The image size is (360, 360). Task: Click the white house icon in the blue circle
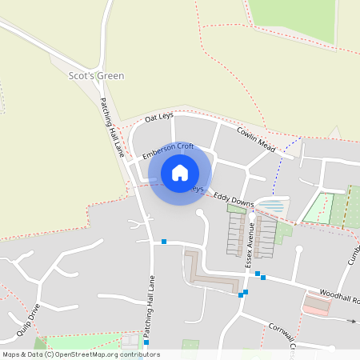(180, 173)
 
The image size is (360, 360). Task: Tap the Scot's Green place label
(96, 75)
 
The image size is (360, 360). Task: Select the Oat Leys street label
(159, 118)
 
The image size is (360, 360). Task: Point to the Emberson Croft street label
(168, 148)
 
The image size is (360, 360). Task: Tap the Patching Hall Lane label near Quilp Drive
(150, 311)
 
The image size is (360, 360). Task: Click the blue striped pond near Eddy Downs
(274, 206)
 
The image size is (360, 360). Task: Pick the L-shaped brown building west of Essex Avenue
(210, 274)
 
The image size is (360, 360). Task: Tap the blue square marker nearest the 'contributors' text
(146, 342)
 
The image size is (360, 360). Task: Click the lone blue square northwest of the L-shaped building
(163, 242)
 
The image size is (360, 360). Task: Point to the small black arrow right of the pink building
(352, 321)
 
